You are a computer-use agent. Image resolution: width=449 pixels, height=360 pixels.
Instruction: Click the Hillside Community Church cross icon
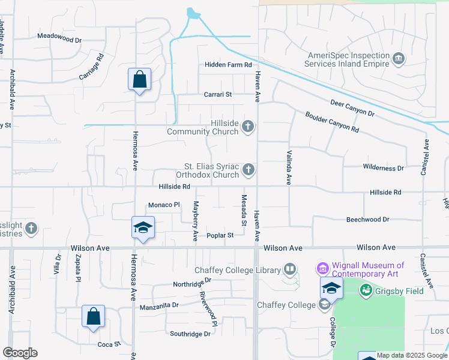coord(249,127)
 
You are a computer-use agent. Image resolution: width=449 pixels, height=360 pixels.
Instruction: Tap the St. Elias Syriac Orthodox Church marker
coord(249,171)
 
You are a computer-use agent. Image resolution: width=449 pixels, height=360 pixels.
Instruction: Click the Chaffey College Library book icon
coord(290,269)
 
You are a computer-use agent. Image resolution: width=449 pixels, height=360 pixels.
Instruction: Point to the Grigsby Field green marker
coord(365,291)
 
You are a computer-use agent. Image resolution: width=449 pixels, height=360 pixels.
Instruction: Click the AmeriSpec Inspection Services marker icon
coord(399,58)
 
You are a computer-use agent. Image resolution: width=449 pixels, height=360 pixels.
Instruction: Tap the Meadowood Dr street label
coord(59,37)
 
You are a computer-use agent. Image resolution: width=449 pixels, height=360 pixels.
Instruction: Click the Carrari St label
coord(217,94)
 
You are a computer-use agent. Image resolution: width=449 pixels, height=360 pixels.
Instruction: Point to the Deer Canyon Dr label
coord(352,109)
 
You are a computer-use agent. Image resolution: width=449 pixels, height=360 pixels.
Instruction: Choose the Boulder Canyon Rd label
coord(331,122)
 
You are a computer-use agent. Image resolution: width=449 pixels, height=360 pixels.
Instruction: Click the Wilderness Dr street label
coord(383,168)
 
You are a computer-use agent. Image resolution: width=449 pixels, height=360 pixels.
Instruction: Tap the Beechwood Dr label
coord(367,220)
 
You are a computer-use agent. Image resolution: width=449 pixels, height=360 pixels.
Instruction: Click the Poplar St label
coord(220,236)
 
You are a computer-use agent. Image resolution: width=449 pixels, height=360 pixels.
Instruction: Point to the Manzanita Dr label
coord(159,305)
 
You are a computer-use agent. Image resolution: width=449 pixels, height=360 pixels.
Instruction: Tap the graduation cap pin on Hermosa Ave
coord(143,228)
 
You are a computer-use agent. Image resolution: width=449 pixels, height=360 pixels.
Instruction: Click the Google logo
coord(20,353)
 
